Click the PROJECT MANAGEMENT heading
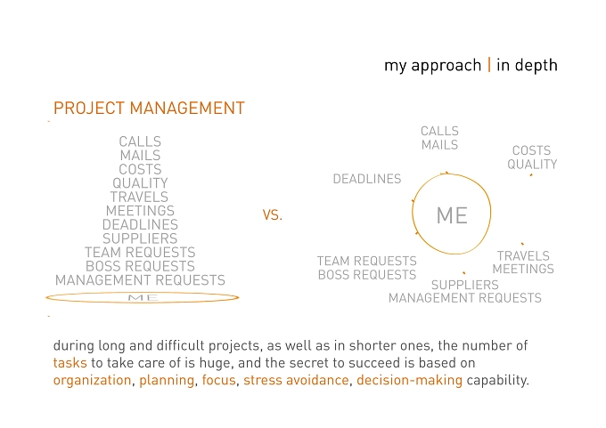[149, 108]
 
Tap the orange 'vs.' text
[273, 214]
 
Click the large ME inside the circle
[452, 215]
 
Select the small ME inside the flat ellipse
[143, 297]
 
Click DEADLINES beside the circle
[367, 179]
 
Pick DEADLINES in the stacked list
[140, 224]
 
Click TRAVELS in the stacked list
[139, 197]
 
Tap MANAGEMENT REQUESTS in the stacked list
[140, 279]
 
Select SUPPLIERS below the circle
[464, 285]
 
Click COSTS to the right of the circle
[531, 150]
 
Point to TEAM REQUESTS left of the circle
[367, 261]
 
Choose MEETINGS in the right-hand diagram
[523, 269]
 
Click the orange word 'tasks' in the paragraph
[70, 363]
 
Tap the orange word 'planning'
[167, 380]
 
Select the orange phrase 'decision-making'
[409, 380]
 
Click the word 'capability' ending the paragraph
[497, 380]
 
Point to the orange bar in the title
[489, 65]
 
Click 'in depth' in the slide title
[527, 65]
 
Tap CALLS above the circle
[440, 131]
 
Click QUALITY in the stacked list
[140, 183]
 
